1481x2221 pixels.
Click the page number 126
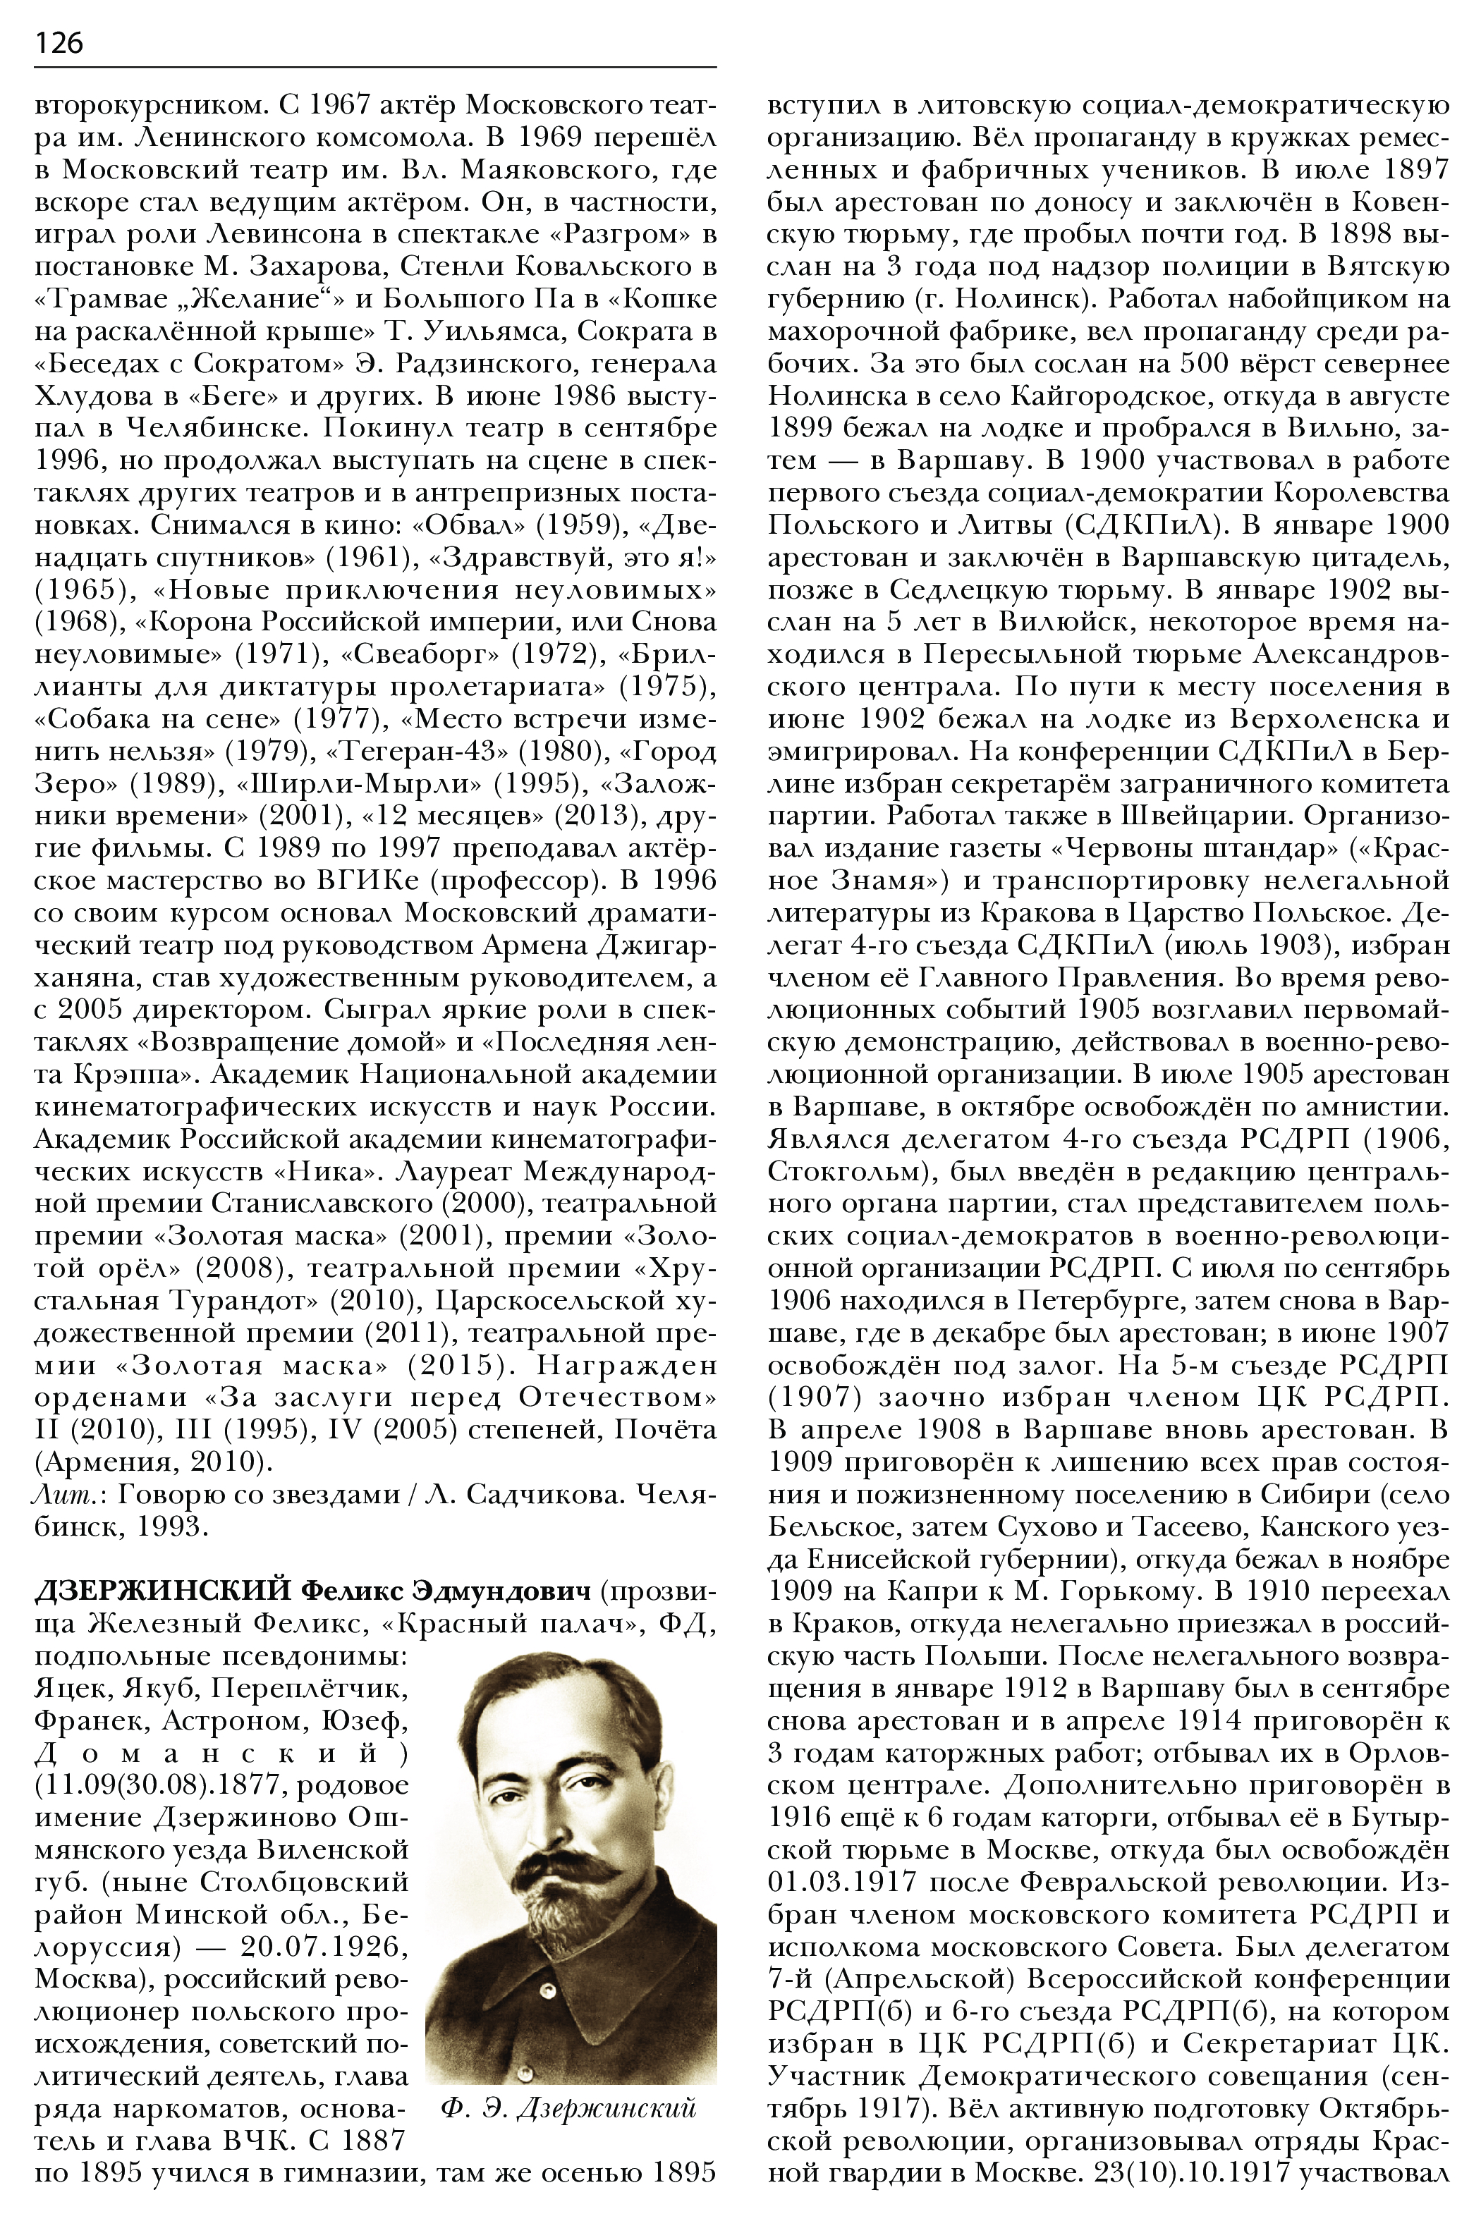tap(59, 42)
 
